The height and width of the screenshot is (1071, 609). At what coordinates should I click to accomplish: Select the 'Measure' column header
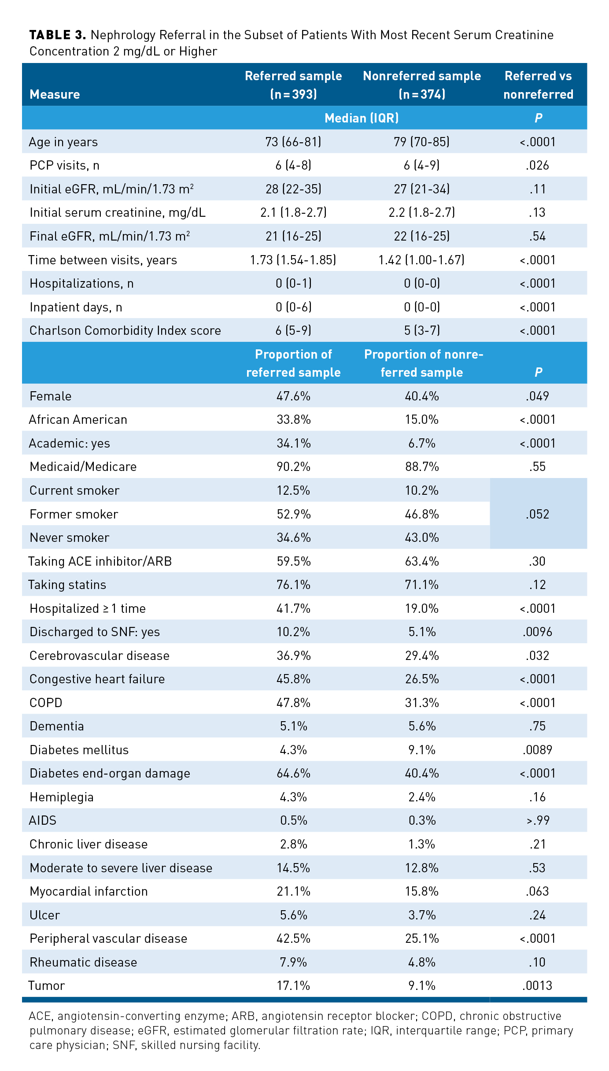55,94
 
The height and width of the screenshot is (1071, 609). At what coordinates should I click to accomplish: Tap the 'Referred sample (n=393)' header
293,85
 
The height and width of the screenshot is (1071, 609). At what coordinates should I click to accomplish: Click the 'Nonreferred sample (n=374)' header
422,85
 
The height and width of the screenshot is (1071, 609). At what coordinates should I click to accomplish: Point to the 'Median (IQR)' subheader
362,118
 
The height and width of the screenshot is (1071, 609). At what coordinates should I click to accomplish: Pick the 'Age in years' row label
63,142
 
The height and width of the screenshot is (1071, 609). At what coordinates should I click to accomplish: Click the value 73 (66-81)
293,142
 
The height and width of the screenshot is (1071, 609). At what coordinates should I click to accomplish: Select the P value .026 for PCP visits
537,166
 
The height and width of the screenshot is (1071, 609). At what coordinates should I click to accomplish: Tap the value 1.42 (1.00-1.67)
421,260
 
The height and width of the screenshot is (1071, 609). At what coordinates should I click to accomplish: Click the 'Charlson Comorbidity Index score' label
125,330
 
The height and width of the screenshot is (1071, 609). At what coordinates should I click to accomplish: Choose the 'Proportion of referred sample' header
293,363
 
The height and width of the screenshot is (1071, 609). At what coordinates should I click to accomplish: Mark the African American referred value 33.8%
293,419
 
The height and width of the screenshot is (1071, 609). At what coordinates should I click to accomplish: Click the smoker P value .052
537,514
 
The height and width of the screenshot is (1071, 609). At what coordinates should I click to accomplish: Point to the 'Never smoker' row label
70,537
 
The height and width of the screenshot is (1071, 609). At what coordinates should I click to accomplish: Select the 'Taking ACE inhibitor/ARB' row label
100,561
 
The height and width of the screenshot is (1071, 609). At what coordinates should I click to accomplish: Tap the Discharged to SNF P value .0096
537,632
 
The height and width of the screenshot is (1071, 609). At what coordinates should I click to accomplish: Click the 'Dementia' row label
57,726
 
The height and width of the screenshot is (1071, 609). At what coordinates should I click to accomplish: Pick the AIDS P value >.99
537,820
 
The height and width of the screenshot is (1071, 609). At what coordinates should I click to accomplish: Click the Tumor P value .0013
537,986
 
